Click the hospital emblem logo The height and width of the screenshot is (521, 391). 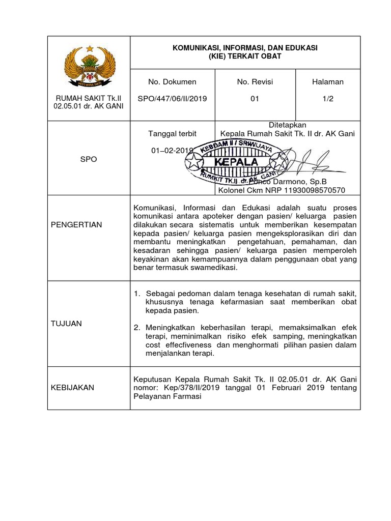(89, 67)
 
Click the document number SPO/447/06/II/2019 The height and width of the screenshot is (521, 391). (172, 99)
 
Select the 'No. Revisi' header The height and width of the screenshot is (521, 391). (255, 82)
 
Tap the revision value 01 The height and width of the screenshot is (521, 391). (255, 99)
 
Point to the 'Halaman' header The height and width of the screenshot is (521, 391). (327, 82)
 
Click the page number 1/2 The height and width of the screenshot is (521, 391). (327, 99)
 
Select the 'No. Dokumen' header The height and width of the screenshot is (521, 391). (172, 82)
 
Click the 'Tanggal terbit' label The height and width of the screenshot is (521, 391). (172, 134)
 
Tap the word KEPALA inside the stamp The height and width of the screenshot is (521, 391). (237, 162)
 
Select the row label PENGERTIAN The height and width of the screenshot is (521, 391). (76, 224)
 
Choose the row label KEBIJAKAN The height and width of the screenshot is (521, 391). (72, 388)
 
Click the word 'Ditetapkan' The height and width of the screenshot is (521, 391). (287, 125)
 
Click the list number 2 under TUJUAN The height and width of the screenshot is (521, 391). (136, 328)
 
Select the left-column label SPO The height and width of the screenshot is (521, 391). (89, 159)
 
